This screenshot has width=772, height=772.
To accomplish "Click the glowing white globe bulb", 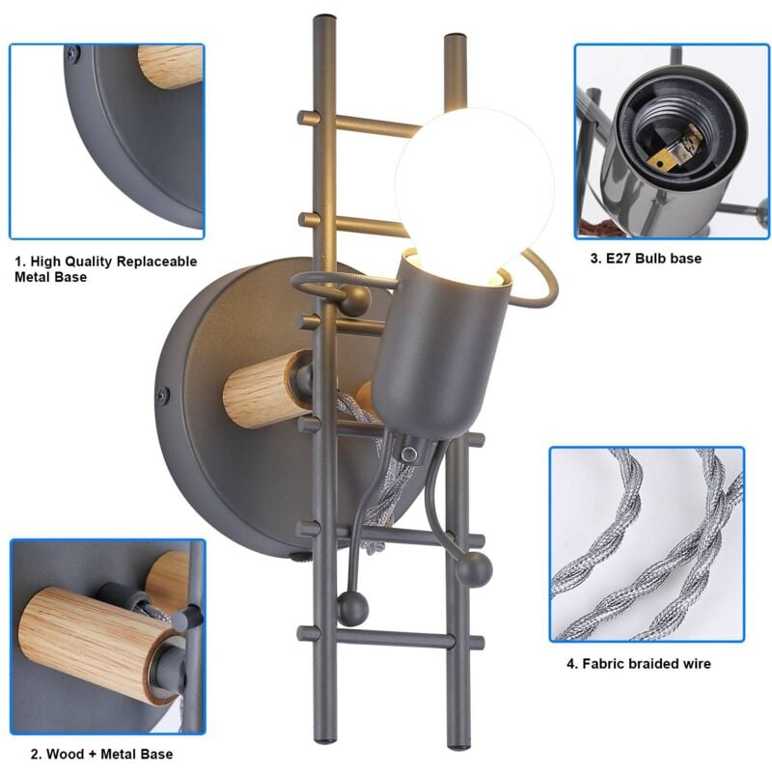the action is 474,192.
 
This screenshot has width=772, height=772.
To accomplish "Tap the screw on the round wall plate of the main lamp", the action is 163,395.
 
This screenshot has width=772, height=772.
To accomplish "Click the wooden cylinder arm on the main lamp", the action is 267,389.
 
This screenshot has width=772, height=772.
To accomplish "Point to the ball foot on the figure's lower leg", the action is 352,610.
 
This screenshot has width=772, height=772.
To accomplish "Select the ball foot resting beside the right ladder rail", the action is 474,568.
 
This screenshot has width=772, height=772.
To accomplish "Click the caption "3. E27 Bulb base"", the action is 646,259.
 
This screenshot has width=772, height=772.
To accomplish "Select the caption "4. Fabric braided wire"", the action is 638,664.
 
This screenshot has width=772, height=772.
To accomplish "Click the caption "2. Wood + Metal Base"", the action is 102,754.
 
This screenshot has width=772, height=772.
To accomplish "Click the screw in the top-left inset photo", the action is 73,53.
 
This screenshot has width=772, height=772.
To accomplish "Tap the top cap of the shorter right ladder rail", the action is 455,38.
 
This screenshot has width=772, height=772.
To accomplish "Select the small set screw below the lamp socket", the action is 408,454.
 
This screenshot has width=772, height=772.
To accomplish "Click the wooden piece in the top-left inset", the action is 170,67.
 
